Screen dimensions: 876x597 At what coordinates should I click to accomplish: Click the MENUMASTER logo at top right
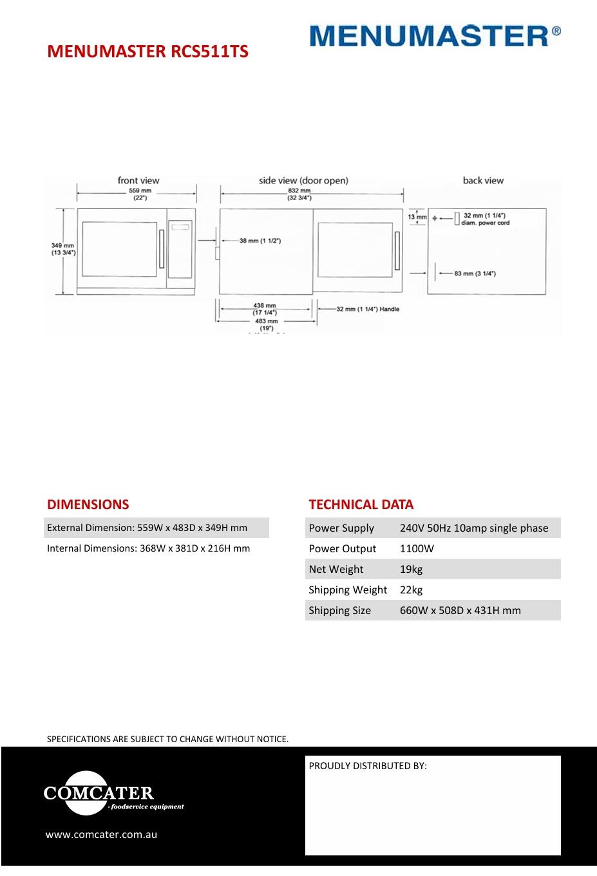435,35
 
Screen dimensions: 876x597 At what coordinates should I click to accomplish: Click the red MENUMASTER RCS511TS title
147,51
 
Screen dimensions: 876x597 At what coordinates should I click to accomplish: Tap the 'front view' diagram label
138,180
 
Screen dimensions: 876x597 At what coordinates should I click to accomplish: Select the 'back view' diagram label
483,180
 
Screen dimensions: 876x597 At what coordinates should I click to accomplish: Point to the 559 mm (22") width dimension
140,194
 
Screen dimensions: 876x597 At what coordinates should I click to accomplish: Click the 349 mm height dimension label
63,249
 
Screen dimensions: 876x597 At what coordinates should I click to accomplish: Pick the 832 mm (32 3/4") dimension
299,194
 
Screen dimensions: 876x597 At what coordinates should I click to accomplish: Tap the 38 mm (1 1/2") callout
260,241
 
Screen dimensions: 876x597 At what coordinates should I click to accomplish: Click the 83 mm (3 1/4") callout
475,274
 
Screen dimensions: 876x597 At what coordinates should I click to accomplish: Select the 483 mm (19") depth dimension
266,324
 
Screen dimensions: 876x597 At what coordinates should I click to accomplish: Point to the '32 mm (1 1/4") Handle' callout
368,309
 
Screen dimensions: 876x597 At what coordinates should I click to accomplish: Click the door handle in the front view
162,248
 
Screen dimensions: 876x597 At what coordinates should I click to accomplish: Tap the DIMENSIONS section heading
88,505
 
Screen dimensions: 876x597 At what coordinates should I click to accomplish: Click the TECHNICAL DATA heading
361,505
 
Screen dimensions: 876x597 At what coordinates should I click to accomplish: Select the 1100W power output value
417,548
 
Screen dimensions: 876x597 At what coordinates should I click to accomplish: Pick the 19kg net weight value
411,569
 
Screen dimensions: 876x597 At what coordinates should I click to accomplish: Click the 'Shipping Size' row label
339,610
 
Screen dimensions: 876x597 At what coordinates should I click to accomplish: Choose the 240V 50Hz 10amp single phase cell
474,528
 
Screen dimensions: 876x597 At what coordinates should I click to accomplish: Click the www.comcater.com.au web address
101,834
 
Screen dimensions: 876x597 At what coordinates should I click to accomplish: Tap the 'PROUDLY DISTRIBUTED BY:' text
368,766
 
